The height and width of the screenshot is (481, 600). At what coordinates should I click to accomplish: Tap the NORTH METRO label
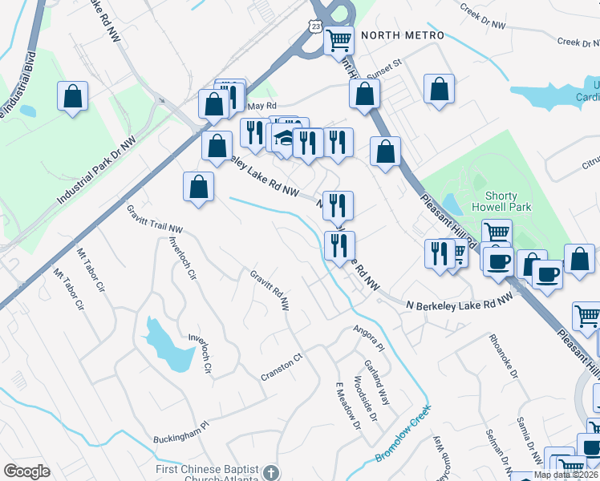402,35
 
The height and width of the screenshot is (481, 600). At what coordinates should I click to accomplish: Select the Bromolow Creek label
403,434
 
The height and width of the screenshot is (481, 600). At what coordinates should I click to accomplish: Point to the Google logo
26,471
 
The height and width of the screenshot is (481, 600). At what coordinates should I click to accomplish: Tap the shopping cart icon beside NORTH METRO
339,39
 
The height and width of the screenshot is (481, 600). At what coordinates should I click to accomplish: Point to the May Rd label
261,106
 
